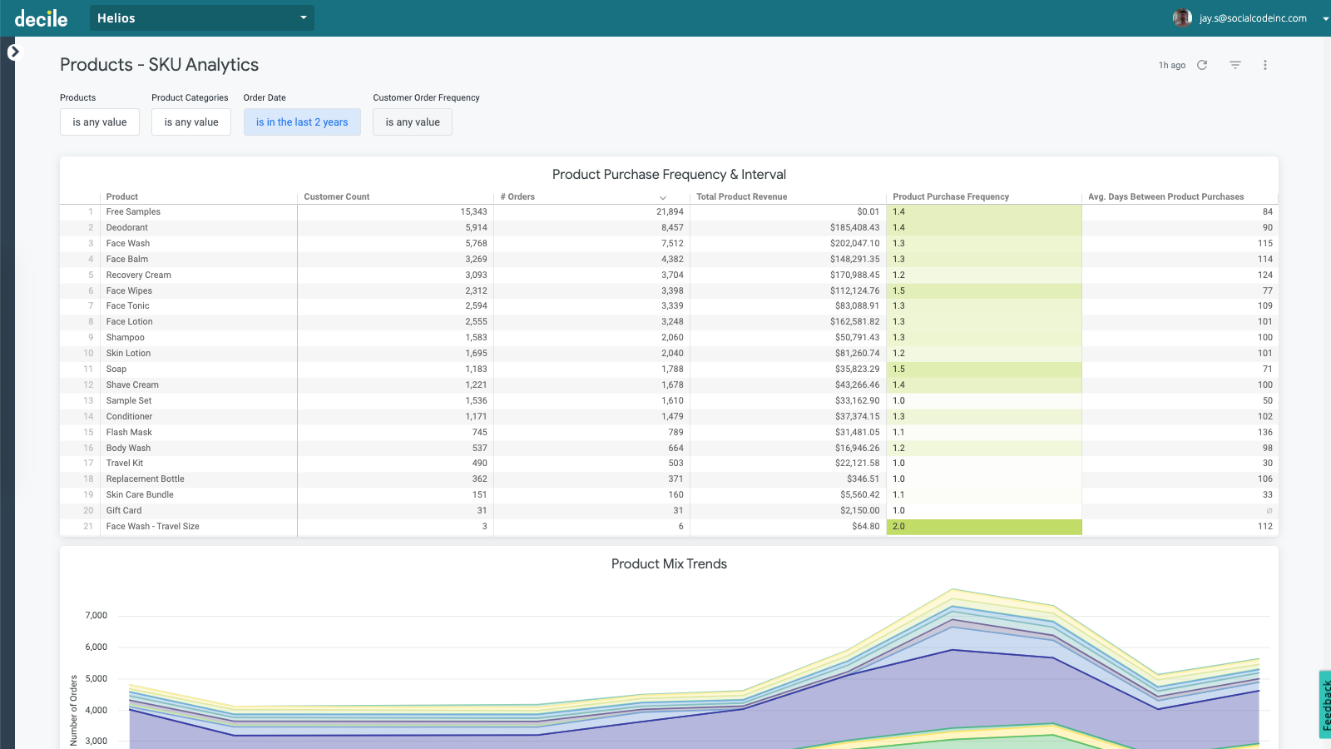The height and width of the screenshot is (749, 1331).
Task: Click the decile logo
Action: tap(41, 18)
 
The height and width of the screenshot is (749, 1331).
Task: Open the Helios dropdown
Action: tap(201, 17)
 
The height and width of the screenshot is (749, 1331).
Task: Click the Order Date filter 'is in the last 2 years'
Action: tap(301, 122)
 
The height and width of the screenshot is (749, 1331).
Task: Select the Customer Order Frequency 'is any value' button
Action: tap(412, 122)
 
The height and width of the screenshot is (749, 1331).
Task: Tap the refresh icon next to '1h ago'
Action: tap(1202, 65)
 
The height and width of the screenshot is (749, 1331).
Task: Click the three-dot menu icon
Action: tap(1264, 65)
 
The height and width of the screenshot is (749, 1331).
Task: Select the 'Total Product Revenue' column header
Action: tap(741, 197)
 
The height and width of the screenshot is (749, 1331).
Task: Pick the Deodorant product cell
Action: tap(127, 227)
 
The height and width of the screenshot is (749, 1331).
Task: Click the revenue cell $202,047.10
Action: tap(854, 243)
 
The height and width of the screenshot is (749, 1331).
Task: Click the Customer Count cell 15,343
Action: tap(473, 211)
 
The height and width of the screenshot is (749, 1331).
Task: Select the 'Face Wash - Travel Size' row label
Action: tap(152, 526)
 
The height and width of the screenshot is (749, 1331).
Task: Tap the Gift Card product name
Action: tap(124, 510)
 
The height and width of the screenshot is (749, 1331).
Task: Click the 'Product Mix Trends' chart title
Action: tap(669, 564)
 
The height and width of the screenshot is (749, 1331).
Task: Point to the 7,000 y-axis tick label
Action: tap(96, 616)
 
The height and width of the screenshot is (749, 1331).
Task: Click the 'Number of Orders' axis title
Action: tap(73, 709)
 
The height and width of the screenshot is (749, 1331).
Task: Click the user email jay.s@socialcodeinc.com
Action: tap(1252, 18)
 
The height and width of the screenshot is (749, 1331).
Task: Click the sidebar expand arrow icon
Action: tap(13, 52)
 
